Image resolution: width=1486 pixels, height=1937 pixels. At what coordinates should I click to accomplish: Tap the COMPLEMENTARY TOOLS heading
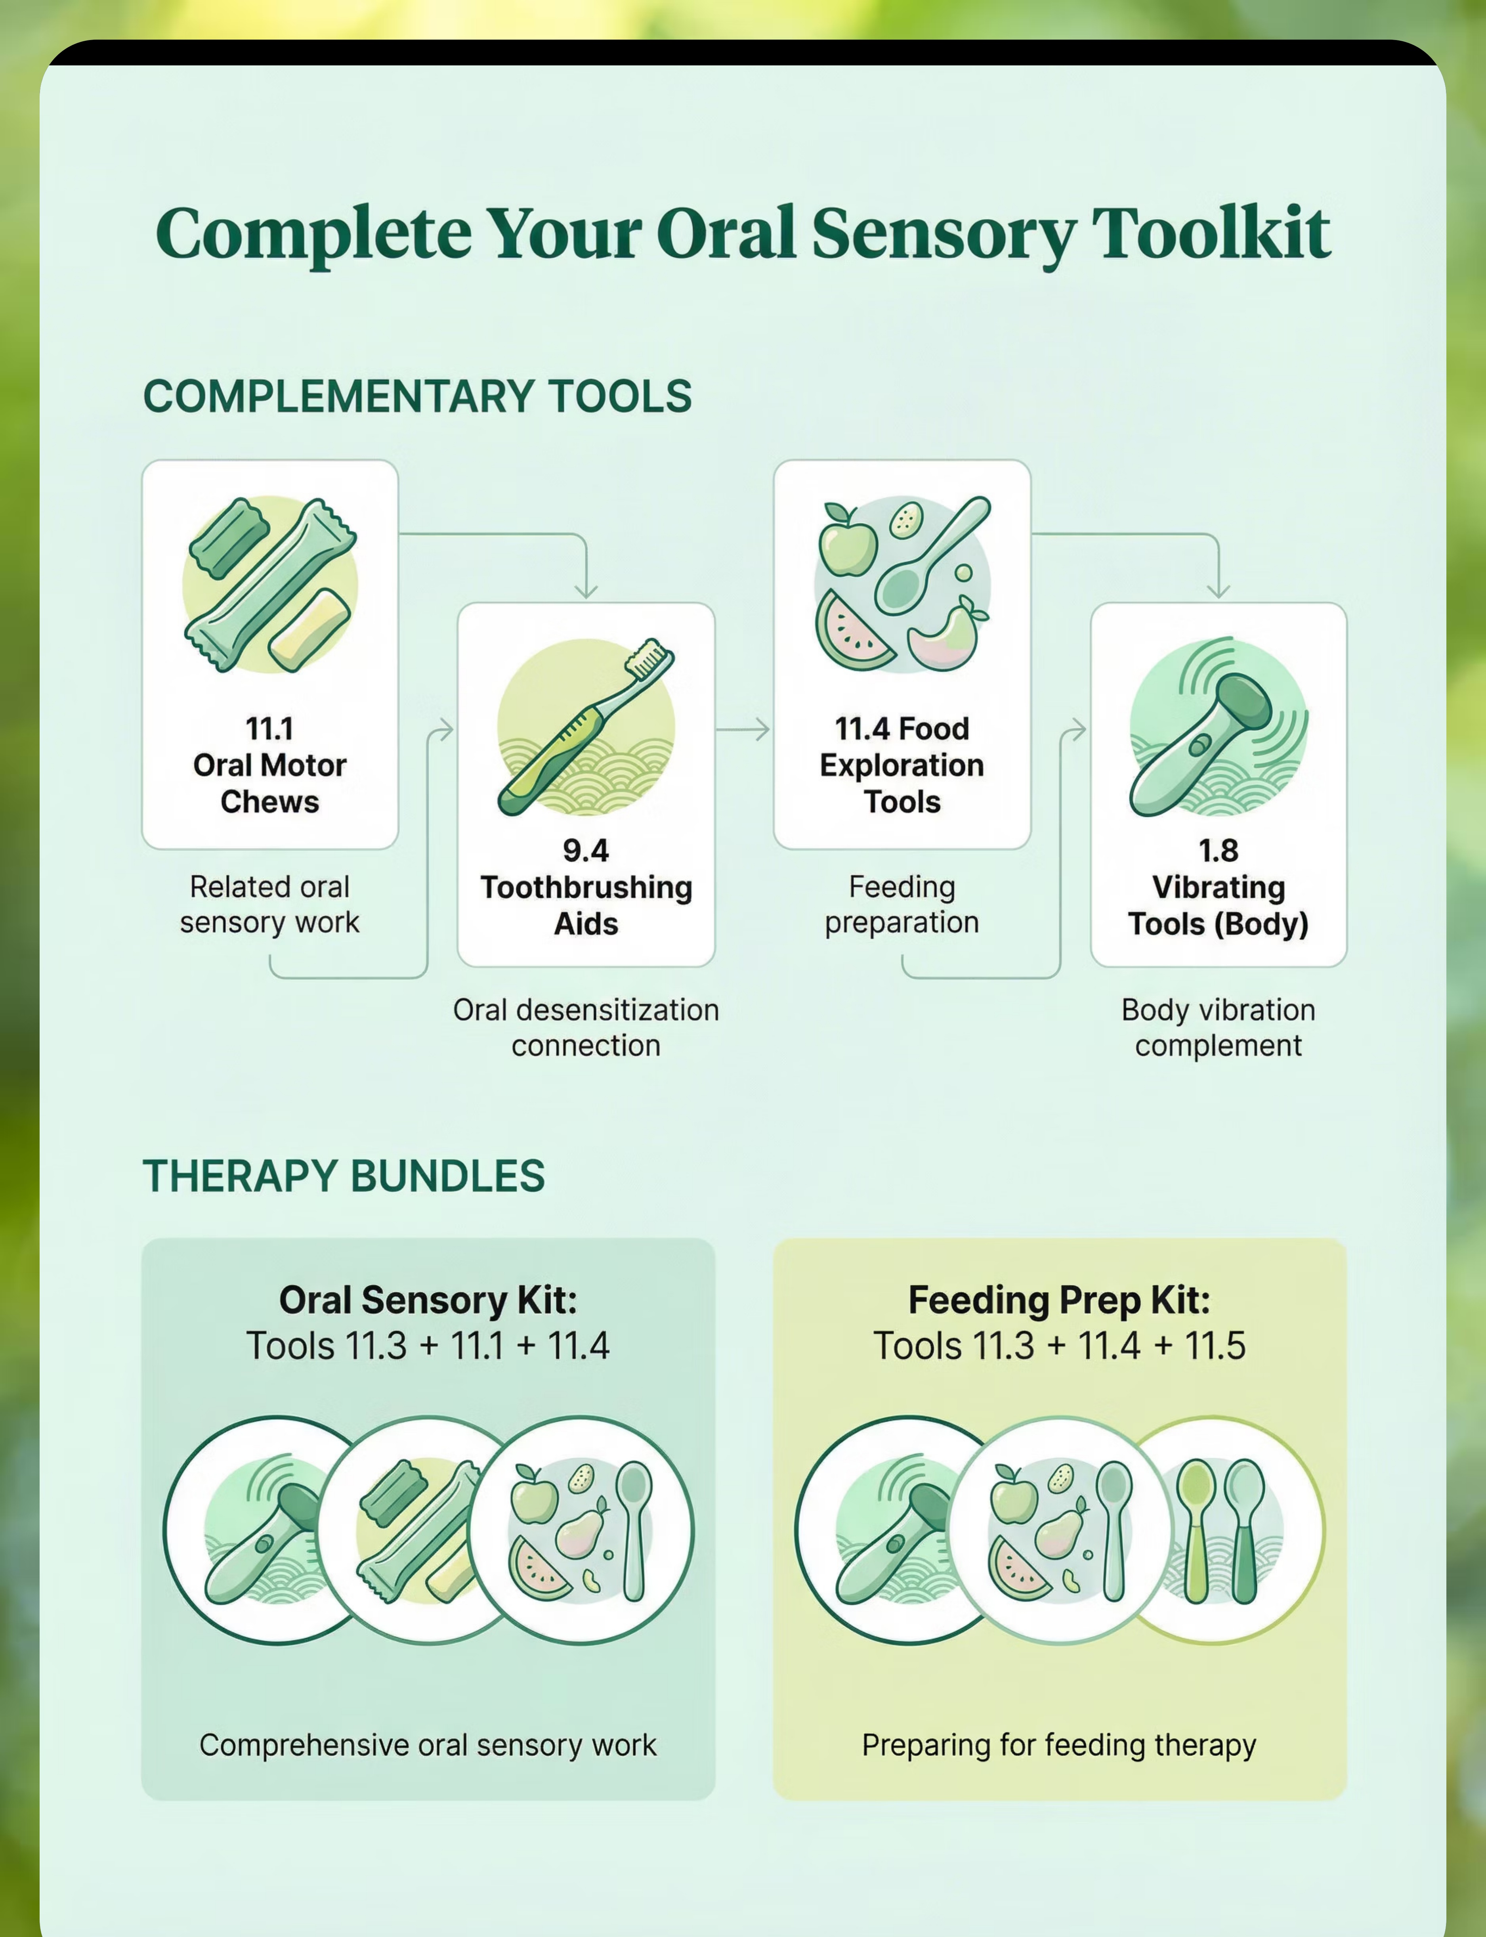click(x=418, y=396)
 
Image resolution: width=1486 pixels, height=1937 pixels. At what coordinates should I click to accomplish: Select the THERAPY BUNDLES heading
click(x=344, y=1176)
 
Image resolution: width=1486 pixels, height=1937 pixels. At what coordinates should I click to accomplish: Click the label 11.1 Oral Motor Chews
click(x=270, y=765)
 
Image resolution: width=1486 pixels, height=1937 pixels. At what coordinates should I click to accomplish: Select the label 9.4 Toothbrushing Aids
click(x=586, y=887)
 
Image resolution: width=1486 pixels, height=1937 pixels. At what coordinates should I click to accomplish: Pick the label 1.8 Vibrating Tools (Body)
click(x=1218, y=887)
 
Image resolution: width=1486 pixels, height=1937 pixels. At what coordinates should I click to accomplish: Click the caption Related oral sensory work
click(x=270, y=904)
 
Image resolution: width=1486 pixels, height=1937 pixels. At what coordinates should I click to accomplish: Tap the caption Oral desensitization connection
click(x=586, y=1028)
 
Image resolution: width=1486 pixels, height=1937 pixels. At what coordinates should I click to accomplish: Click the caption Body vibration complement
click(x=1218, y=1028)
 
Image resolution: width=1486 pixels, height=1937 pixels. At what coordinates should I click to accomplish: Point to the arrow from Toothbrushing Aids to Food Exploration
click(x=743, y=730)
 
